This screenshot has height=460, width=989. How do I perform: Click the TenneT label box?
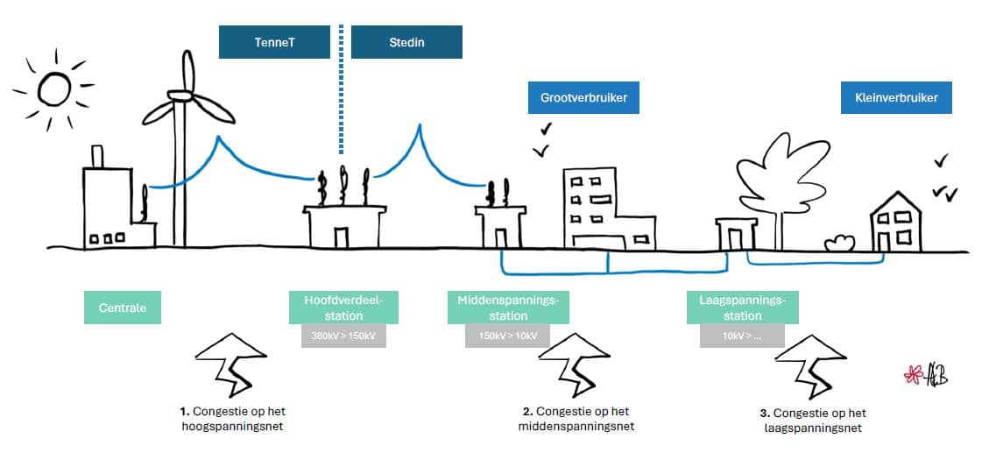[x=274, y=42]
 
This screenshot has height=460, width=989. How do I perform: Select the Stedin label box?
[x=406, y=42]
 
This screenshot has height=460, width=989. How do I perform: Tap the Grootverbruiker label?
[x=583, y=98]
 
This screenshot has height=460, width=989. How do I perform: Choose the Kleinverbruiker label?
[x=896, y=98]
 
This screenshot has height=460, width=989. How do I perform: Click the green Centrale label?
[x=123, y=308]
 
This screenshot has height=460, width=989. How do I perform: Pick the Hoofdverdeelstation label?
[x=344, y=308]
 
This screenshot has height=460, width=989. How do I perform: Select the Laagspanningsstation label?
[x=743, y=308]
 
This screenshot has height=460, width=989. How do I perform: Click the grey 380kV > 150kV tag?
[x=343, y=336]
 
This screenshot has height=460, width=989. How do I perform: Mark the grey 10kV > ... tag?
[x=742, y=336]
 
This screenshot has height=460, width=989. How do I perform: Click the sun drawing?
[x=52, y=88]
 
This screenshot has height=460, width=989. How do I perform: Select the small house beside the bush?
[x=895, y=223]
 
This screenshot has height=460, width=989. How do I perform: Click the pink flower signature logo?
[x=914, y=375]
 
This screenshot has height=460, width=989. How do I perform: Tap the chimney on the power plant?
[x=97, y=157]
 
